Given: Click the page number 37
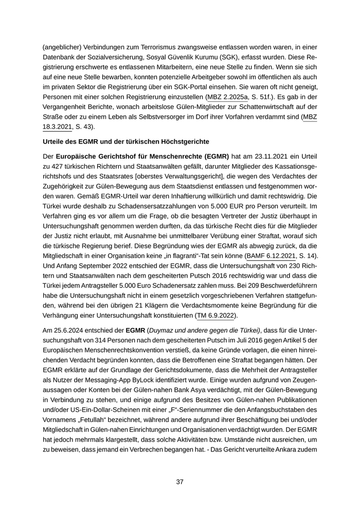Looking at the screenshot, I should (180, 482).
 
